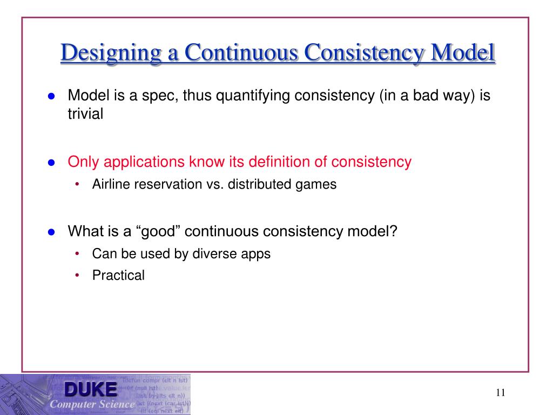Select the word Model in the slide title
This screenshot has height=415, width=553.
pyautogui.click(x=464, y=53)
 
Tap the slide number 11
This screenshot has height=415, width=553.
pyautogui.click(x=500, y=393)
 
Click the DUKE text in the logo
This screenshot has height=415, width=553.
pyautogui.click(x=90, y=389)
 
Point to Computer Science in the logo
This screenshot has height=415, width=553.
pyautogui.click(x=92, y=404)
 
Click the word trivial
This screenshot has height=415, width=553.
pyautogui.click(x=85, y=115)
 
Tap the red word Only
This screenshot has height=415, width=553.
pyautogui.click(x=83, y=162)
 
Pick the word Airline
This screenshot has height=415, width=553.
pyautogui.click(x=112, y=184)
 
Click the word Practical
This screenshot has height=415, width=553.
pyautogui.click(x=118, y=276)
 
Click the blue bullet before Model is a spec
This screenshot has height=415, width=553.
pyautogui.click(x=52, y=96)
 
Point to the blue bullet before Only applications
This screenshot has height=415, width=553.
pyautogui.click(x=52, y=162)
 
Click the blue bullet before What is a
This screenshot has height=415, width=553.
pyautogui.click(x=52, y=232)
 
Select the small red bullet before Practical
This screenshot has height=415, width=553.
pyautogui.click(x=78, y=276)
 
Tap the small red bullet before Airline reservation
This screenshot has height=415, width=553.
pyautogui.click(x=78, y=184)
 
